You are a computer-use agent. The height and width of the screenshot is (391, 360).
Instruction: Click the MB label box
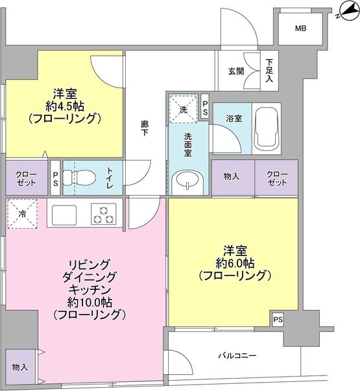[300, 29]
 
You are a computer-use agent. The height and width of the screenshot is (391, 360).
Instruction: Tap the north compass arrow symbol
[342, 12]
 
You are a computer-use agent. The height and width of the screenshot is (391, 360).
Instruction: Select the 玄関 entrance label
[237, 71]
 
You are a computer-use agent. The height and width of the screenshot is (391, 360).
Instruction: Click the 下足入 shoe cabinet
[270, 71]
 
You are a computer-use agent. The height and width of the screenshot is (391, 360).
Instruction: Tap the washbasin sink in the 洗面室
[187, 182]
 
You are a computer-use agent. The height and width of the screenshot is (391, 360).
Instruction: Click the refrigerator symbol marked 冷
[21, 214]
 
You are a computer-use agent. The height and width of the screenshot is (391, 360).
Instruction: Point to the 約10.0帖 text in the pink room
[89, 303]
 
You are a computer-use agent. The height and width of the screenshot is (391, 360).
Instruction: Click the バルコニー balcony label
[237, 355]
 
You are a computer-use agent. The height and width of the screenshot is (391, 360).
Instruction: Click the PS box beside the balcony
[278, 319]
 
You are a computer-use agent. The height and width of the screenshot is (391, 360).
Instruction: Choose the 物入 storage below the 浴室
[232, 178]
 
